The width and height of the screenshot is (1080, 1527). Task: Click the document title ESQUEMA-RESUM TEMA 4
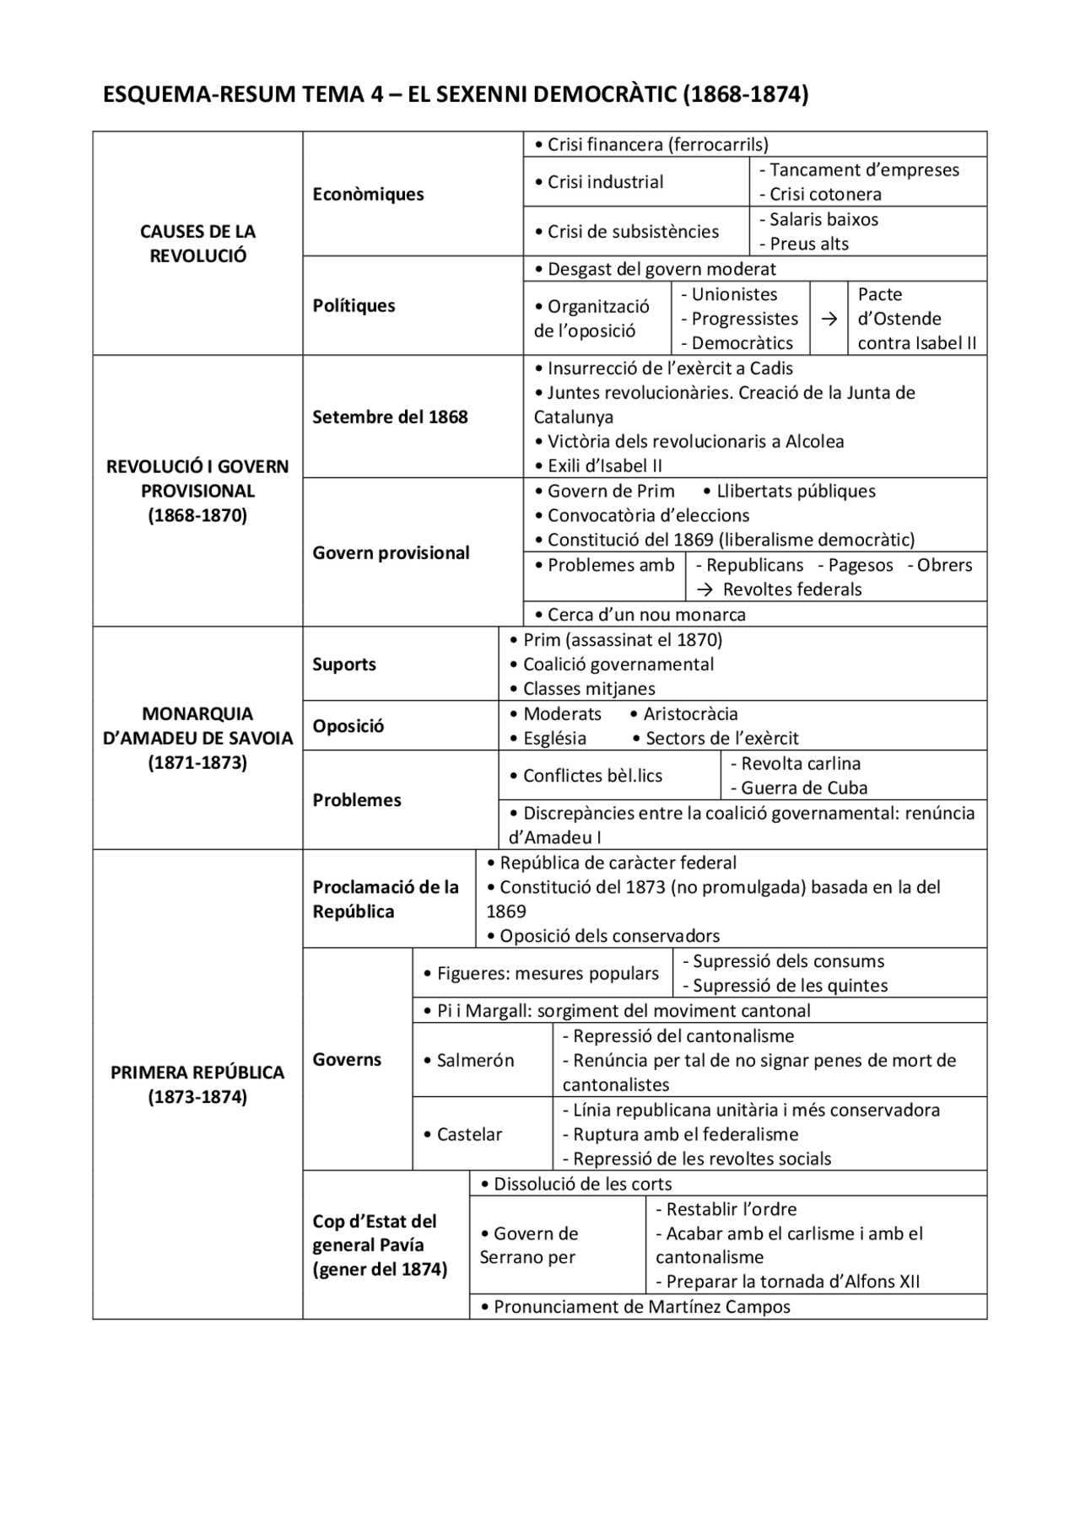coord(455,94)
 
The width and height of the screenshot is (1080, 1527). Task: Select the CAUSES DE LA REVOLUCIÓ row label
coord(197,244)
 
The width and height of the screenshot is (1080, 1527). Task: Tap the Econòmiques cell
coord(368,194)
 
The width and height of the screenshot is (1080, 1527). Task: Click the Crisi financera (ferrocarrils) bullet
coord(651,144)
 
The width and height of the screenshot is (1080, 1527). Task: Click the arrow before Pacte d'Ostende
coord(829,319)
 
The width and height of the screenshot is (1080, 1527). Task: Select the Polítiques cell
coord(354,305)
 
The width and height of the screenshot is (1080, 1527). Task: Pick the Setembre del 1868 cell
coord(390,417)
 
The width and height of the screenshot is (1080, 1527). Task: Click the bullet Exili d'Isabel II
coord(598,465)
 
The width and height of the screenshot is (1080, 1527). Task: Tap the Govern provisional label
coord(391,552)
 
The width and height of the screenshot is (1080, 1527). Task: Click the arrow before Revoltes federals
coord(705,589)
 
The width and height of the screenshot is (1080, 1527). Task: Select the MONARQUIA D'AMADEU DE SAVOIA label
coord(197,738)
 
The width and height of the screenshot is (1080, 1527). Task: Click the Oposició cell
coord(348,726)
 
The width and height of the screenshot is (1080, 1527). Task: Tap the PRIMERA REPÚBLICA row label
coord(197,1084)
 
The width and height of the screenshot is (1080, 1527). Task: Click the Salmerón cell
coord(474,1060)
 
